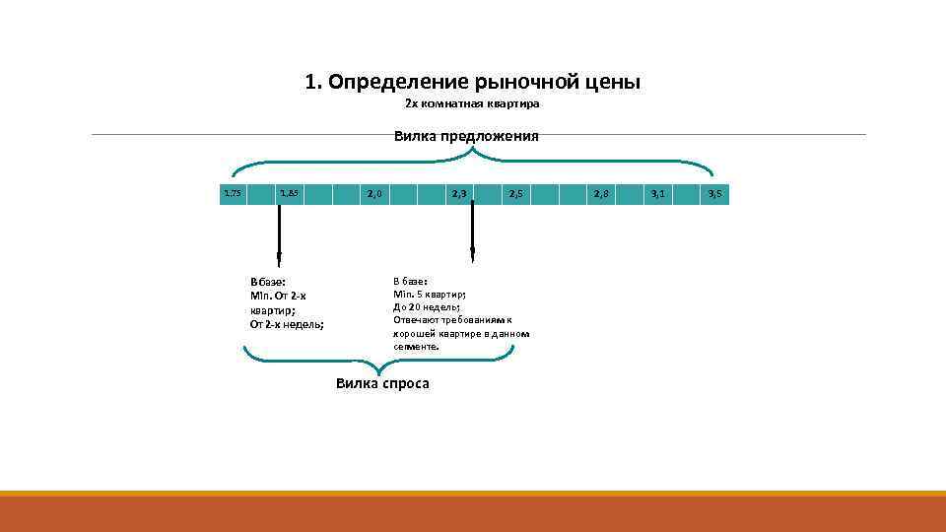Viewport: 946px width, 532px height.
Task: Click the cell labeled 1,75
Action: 233,194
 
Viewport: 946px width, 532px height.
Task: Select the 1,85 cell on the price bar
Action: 289,194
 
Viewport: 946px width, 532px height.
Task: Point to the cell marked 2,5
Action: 516,194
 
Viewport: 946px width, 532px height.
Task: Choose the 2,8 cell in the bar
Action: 601,194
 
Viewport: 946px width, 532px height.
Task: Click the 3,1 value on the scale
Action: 658,194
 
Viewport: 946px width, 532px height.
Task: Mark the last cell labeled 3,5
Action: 715,194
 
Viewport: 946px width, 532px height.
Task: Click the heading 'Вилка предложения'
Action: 466,136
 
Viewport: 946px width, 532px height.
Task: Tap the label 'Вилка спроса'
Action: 382,383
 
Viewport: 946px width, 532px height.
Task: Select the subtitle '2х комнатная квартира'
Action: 473,103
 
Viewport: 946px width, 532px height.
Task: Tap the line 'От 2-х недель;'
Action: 287,323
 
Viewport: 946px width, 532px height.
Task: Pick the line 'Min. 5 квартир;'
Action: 430,295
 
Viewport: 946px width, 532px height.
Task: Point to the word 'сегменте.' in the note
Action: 417,347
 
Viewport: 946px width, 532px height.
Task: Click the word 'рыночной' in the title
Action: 522,82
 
